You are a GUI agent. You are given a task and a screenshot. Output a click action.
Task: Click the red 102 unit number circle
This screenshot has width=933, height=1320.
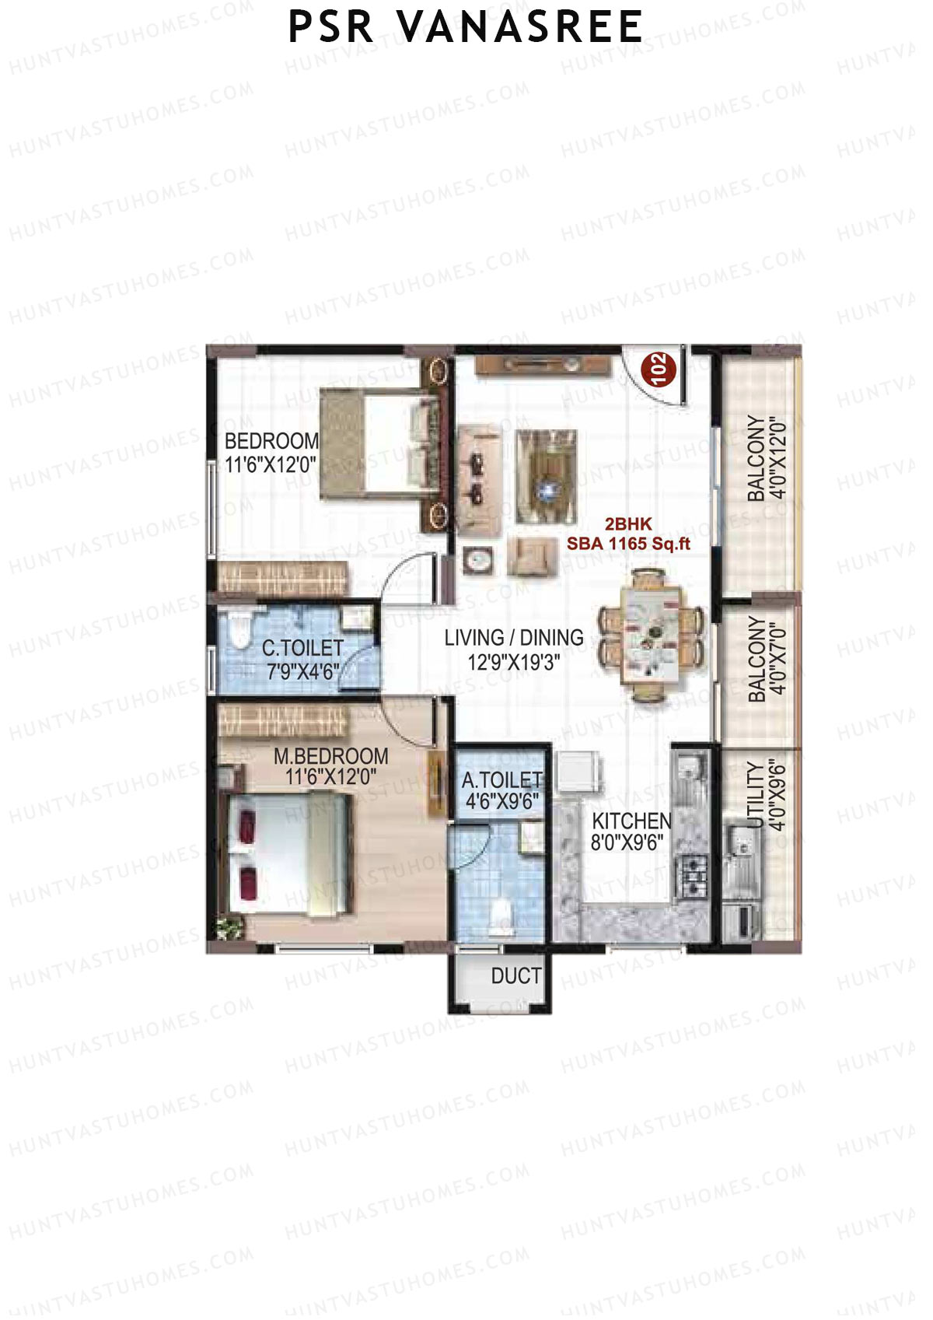point(658,369)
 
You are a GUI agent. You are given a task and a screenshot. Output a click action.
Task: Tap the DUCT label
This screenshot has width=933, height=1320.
point(515,976)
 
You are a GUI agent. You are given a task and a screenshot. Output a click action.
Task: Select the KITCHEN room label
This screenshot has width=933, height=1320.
point(631,821)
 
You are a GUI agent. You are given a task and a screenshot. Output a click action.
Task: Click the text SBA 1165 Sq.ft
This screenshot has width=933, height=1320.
point(628,544)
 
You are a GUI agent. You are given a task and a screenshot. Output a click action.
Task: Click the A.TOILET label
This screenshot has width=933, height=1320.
point(501,780)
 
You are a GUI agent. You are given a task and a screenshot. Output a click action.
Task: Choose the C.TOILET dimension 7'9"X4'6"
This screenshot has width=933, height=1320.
point(303,671)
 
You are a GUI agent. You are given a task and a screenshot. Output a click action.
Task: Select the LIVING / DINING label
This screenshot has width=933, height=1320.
point(513,638)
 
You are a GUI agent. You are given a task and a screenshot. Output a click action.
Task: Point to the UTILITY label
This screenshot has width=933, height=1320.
point(754,796)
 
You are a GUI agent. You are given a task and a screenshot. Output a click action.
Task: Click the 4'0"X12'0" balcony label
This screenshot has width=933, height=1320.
point(778,458)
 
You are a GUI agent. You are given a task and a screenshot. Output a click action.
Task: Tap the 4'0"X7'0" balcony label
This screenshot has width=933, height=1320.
point(778,658)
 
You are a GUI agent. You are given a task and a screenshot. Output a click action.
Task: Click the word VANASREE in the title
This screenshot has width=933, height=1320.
point(521,27)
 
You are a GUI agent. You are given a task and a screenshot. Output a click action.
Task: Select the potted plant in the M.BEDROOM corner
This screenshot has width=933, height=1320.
point(229,927)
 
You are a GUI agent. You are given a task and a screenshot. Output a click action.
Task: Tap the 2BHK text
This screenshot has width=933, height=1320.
point(628,524)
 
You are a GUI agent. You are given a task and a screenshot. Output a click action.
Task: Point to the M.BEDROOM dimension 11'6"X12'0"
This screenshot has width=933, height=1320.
point(330,776)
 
